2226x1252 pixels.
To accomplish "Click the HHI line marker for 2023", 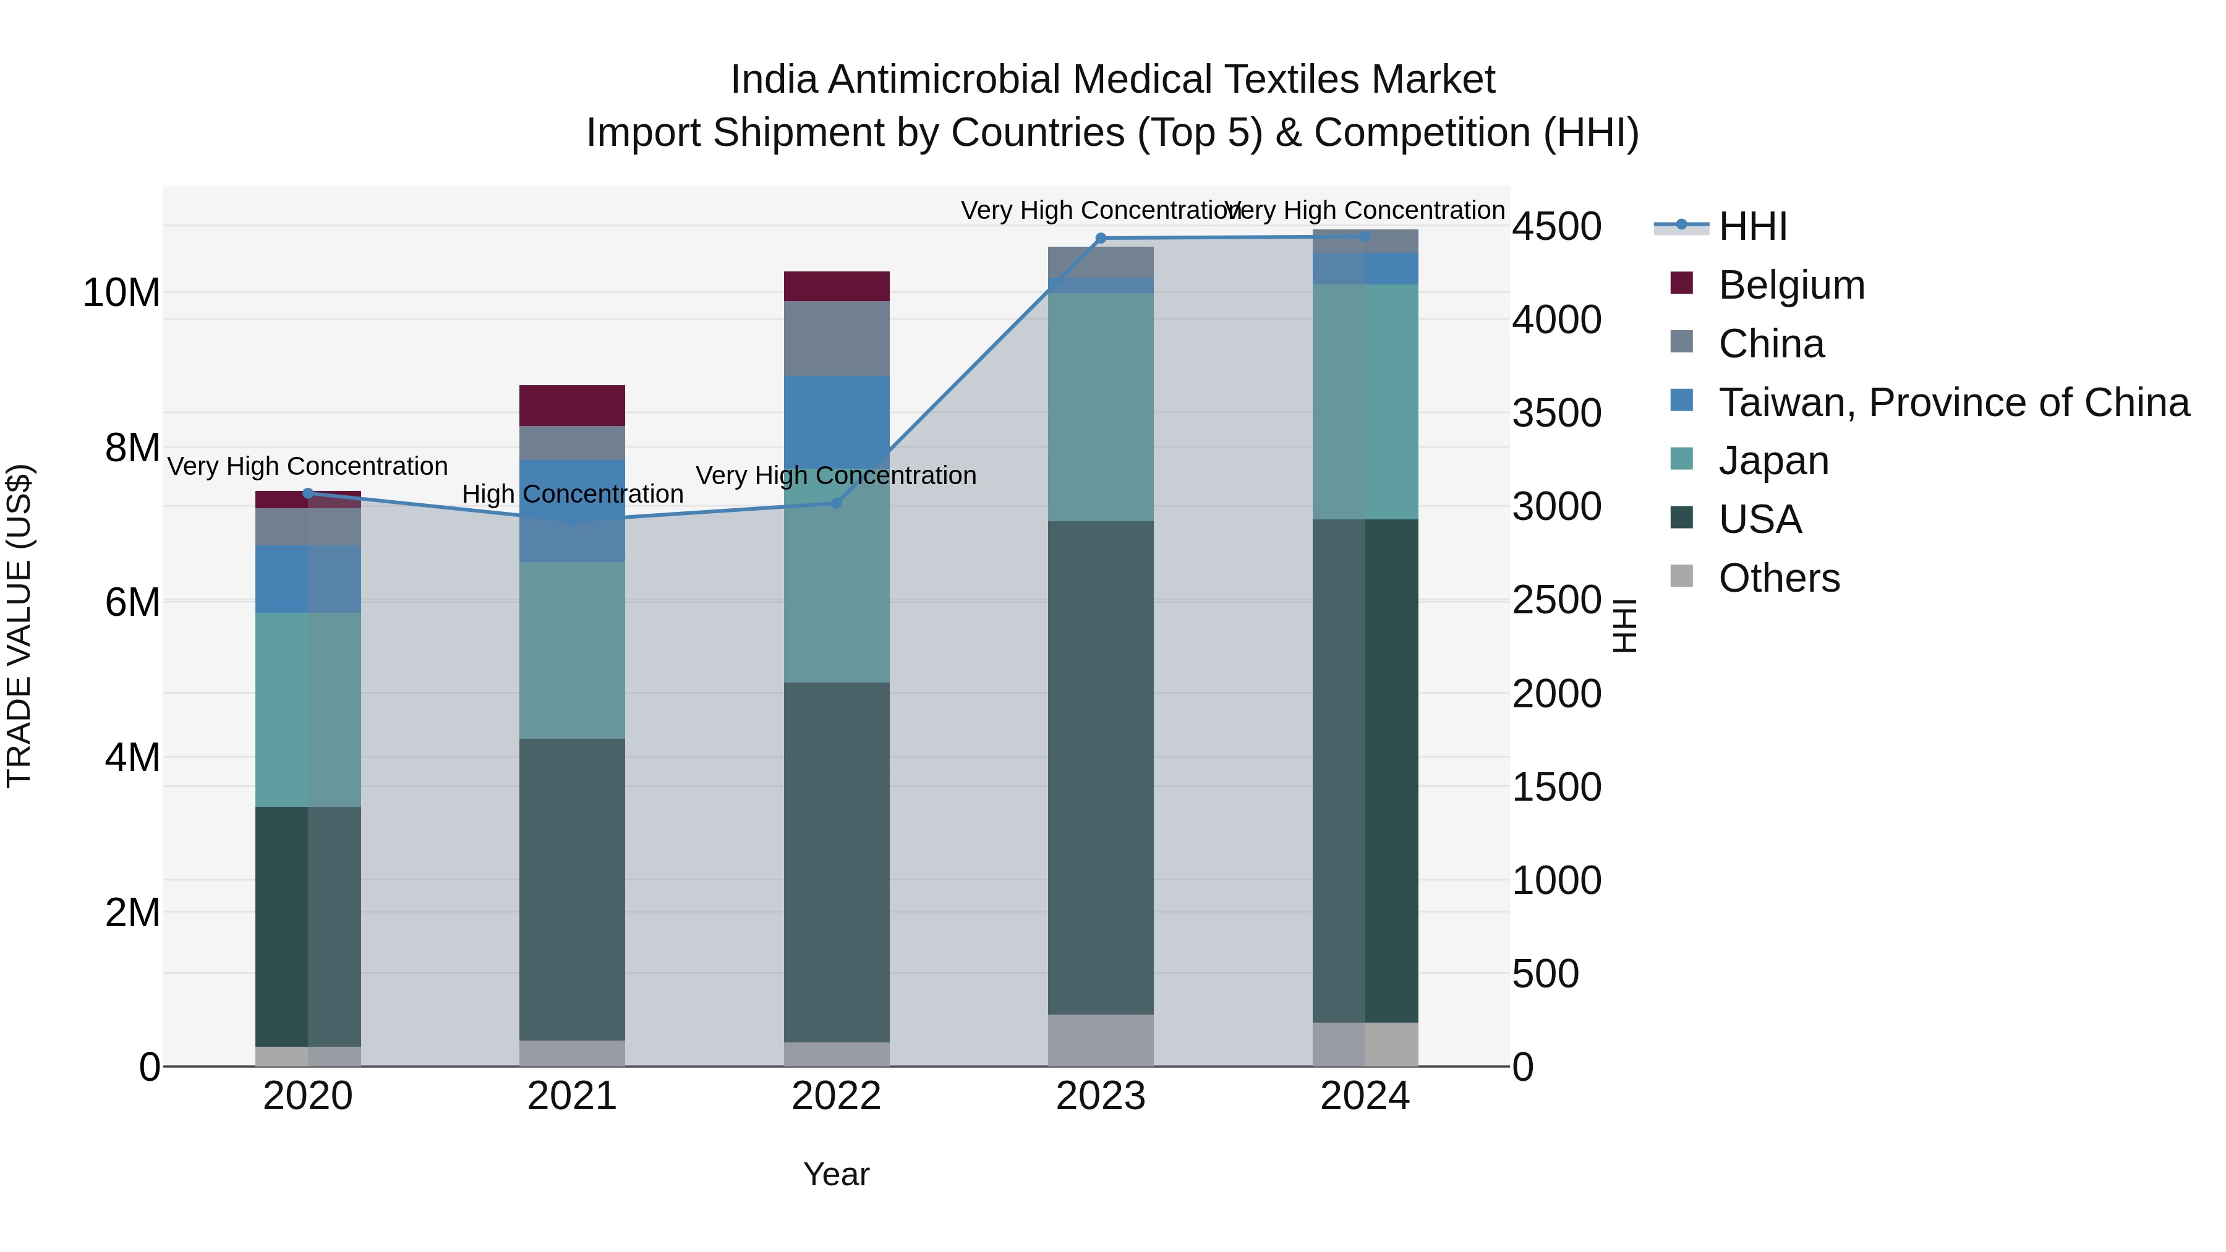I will tap(1100, 239).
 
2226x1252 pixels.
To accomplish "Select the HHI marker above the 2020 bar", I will tap(308, 493).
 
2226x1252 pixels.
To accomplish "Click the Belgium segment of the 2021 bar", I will tap(571, 405).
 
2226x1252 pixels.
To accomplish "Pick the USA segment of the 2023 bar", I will tap(1100, 767).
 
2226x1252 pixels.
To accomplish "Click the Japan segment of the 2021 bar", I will tap(571, 650).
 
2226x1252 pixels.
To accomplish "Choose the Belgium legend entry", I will tap(1791, 285).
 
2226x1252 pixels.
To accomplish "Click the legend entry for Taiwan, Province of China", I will tap(1953, 402).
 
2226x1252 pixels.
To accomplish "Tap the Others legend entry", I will tap(1778, 578).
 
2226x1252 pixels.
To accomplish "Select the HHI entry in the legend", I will tap(1752, 226).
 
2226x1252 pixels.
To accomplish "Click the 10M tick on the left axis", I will tap(121, 293).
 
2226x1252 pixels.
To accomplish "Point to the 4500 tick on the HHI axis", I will tap(1556, 228).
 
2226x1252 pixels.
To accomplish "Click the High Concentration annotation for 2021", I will tap(572, 494).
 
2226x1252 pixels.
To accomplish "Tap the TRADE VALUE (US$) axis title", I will tap(20, 626).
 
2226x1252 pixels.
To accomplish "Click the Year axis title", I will tap(835, 1174).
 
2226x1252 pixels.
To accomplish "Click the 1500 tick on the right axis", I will tap(1556, 787).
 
